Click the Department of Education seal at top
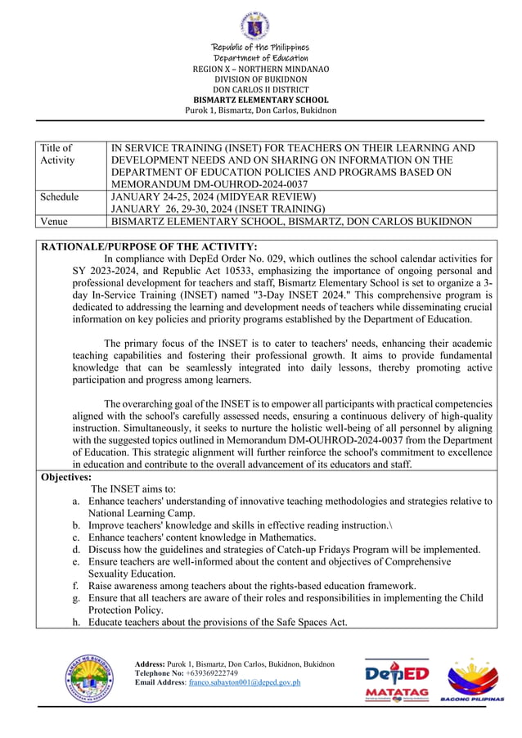click(260, 26)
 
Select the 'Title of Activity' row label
click(56, 154)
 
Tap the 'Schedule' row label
click(60, 197)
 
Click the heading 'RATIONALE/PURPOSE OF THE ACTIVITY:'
click(149, 246)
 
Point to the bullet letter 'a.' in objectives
click(76, 501)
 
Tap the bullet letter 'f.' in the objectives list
click(76, 586)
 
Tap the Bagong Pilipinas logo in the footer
click(473, 680)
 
